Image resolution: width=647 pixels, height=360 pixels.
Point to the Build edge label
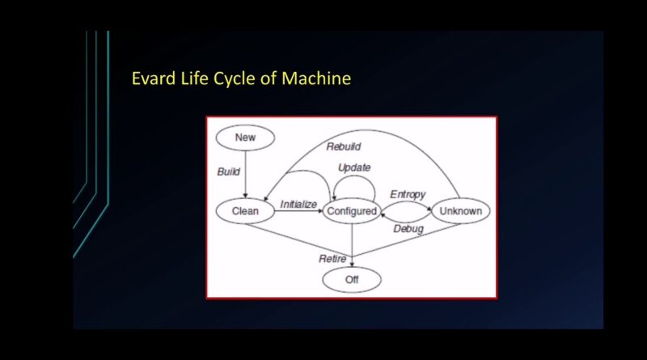[229, 172]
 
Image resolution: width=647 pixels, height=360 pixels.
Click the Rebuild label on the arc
[343, 146]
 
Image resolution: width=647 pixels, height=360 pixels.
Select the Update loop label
[354, 167]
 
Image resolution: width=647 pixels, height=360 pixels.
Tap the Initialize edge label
[298, 204]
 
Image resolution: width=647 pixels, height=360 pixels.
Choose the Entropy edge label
[408, 194]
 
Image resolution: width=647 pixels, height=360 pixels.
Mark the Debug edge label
[408, 229]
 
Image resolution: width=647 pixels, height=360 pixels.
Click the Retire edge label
[332, 259]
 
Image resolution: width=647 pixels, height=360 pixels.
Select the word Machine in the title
[316, 78]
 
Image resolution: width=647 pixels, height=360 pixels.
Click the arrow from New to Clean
[245, 174]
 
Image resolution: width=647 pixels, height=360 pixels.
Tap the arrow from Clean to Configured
[298, 211]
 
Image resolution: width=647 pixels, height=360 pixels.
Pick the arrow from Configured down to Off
[352, 245]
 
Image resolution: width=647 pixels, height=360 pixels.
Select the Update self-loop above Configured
[354, 176]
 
